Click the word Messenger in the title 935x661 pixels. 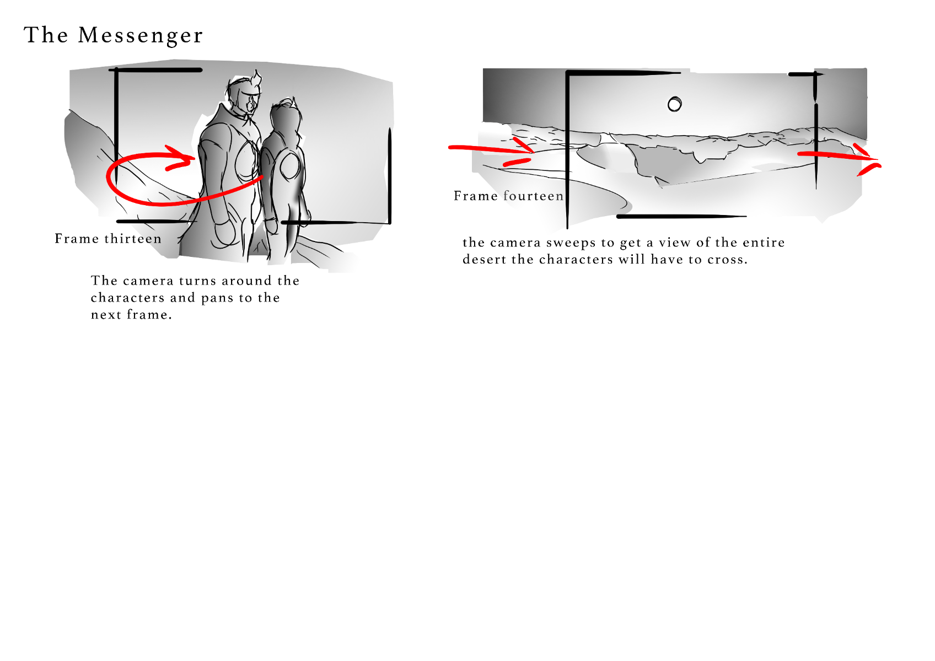click(x=140, y=36)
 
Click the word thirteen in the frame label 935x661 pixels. click(x=133, y=239)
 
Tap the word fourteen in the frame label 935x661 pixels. click(x=533, y=196)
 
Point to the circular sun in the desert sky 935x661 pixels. click(x=675, y=104)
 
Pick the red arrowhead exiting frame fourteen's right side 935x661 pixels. click(x=869, y=160)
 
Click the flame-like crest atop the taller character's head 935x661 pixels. click(x=255, y=80)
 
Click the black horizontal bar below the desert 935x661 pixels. click(x=681, y=217)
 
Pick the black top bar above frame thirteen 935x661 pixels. click(x=155, y=70)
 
